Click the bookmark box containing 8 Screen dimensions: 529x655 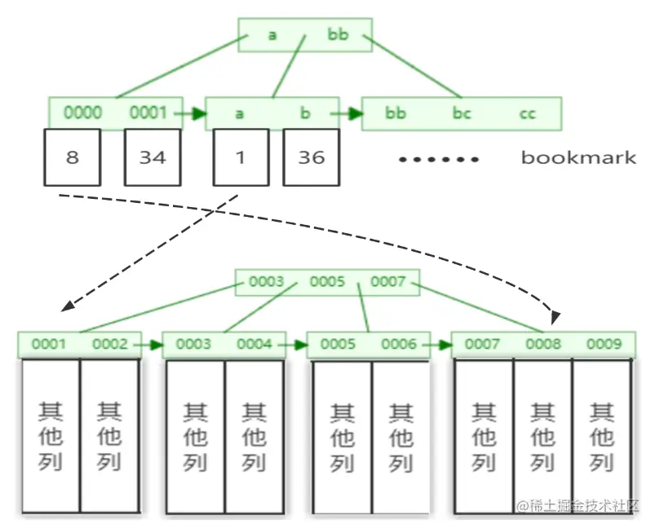pyautogui.click(x=73, y=157)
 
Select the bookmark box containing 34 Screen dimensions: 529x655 pyautogui.click(x=153, y=157)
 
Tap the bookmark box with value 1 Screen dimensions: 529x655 pyautogui.click(x=240, y=157)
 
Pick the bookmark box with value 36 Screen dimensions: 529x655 pyautogui.click(x=311, y=157)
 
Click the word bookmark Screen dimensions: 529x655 pyautogui.click(x=578, y=157)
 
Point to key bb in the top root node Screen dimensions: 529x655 pyautogui.click(x=338, y=35)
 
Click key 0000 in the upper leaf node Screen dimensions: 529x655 pyautogui.click(x=82, y=113)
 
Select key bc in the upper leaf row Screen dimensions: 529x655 pyautogui.click(x=462, y=113)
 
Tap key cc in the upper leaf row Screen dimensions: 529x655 pyautogui.click(x=528, y=113)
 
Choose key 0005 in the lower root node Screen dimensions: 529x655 pyautogui.click(x=327, y=282)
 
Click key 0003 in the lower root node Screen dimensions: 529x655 pyautogui.click(x=267, y=282)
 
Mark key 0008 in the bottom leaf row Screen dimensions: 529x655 pyautogui.click(x=543, y=344)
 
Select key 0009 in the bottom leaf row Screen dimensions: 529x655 pyautogui.click(x=604, y=344)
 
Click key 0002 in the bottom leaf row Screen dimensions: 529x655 pyautogui.click(x=110, y=344)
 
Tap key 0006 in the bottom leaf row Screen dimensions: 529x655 pyautogui.click(x=399, y=344)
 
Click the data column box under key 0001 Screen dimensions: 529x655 pyautogui.click(x=51, y=435)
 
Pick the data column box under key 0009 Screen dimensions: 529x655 pyautogui.click(x=602, y=435)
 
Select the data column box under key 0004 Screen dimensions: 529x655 pyautogui.click(x=254, y=435)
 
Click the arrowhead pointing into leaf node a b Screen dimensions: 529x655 pyautogui.click(x=198, y=114)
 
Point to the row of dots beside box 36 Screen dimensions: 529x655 pyautogui.click(x=438, y=159)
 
